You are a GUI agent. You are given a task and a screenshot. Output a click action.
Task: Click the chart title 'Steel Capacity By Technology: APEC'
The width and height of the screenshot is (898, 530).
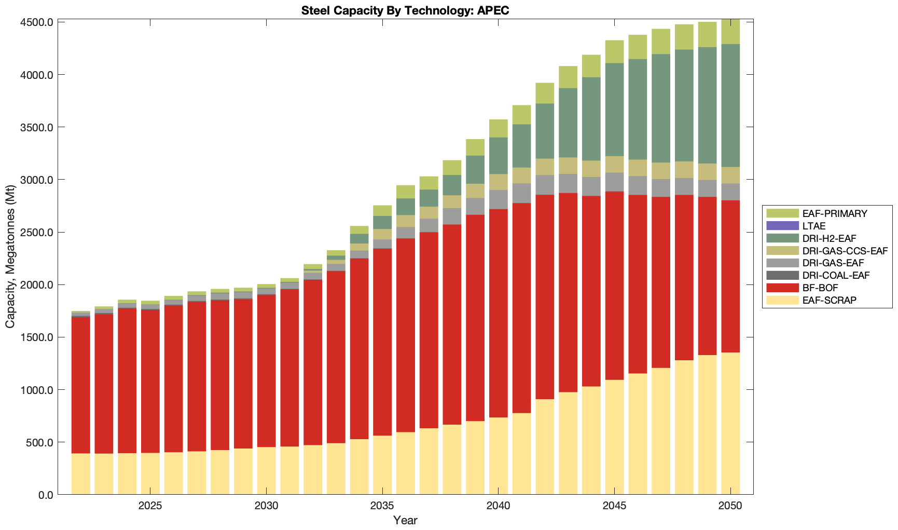pos(405,10)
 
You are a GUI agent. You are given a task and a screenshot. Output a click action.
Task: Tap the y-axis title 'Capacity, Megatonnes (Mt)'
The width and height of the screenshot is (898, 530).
pos(10,257)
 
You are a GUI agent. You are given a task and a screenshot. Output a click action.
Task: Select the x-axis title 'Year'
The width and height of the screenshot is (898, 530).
pos(405,520)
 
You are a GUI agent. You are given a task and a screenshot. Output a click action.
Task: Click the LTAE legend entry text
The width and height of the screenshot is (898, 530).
pos(813,226)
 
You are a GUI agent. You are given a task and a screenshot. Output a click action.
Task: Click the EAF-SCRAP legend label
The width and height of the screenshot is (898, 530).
pos(829,301)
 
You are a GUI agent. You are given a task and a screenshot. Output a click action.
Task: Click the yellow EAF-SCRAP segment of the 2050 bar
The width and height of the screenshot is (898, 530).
pos(730,423)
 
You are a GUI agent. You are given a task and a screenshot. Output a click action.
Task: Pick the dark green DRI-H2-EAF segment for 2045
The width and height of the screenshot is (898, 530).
pos(614,110)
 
